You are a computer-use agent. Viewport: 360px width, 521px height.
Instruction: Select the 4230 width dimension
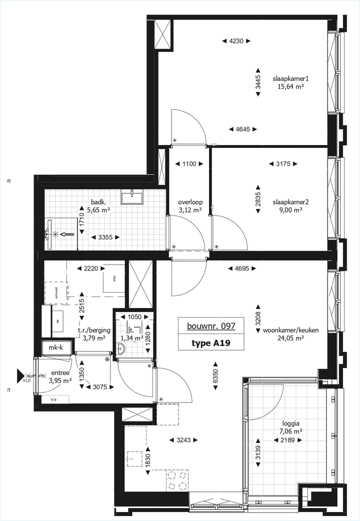pyautogui.click(x=236, y=41)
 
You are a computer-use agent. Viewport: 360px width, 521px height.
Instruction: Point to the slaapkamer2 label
pyautogui.click(x=290, y=202)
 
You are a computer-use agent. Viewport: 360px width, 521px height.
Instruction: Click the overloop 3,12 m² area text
pyautogui.click(x=189, y=210)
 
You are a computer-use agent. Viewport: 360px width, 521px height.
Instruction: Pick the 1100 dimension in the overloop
pyautogui.click(x=189, y=163)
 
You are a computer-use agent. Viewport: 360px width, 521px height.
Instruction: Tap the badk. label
pyautogui.click(x=98, y=202)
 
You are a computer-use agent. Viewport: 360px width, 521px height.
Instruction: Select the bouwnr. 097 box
pyautogui.click(x=211, y=326)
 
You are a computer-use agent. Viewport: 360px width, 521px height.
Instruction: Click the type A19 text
pyautogui.click(x=211, y=343)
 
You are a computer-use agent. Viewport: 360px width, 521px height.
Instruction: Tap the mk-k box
pyautogui.click(x=55, y=347)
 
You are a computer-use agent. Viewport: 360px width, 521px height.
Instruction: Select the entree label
pyautogui.click(x=60, y=373)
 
